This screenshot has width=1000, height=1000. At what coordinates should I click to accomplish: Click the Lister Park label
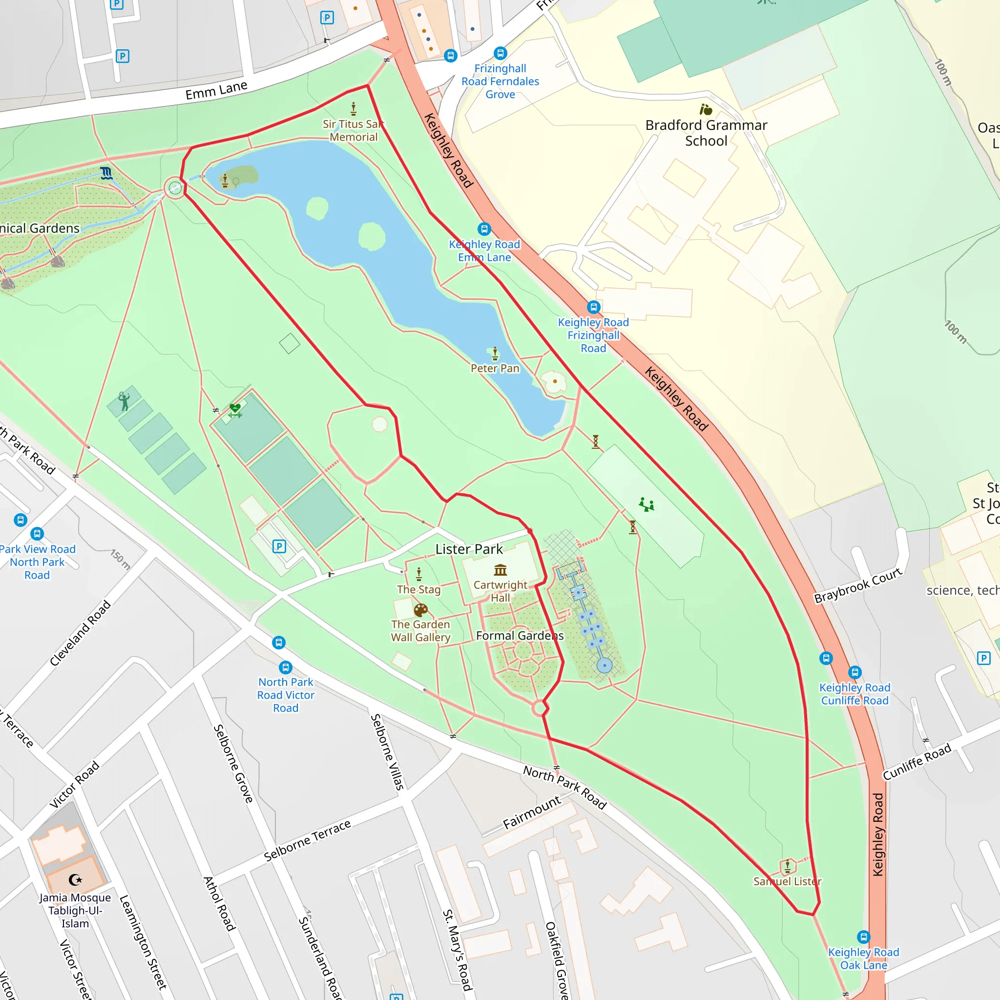point(469,549)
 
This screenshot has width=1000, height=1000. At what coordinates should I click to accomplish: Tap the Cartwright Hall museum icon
point(500,570)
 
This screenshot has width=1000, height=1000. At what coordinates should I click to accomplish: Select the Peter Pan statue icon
point(495,354)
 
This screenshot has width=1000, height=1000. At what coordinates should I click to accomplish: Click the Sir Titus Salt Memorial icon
point(354,109)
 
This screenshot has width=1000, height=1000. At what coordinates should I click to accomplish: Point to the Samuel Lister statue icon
point(787,866)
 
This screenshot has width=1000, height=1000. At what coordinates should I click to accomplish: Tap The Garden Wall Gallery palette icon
point(420,610)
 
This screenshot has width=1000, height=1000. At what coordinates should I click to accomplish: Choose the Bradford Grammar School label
point(706,133)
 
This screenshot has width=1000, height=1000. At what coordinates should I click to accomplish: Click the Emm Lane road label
point(216,91)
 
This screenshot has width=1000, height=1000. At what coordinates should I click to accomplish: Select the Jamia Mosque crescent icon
point(76,879)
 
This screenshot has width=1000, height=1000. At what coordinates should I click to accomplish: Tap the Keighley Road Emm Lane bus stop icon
point(484,229)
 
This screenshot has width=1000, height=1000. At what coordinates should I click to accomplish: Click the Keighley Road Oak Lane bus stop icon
point(863,937)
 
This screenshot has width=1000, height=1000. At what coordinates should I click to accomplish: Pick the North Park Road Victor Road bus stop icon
point(286,667)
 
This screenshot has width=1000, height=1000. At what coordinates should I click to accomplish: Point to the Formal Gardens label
point(520,636)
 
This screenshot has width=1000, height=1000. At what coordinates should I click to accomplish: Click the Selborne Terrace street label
point(308,841)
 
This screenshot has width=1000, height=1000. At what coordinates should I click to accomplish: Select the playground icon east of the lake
point(646,505)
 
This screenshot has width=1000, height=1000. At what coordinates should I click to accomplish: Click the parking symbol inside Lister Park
point(279,546)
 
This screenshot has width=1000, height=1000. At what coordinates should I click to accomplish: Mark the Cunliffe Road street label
point(917,762)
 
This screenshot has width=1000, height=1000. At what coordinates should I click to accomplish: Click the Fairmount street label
point(532,812)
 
